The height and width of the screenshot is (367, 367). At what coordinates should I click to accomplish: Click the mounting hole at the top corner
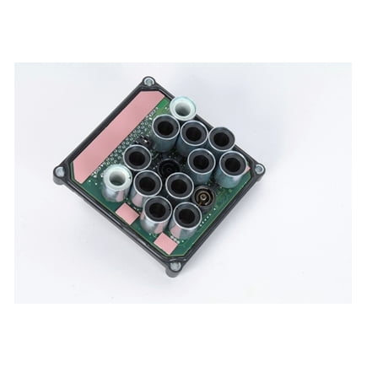click(x=148, y=82)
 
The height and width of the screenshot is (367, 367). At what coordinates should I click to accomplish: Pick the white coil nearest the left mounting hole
click(x=116, y=179)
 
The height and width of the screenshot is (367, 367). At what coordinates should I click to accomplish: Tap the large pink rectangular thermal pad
click(x=114, y=131)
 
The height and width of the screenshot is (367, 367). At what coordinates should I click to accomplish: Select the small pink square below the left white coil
click(x=124, y=216)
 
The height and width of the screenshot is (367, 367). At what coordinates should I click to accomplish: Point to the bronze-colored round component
click(x=203, y=199)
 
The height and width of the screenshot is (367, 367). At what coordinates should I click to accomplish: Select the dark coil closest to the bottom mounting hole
click(x=183, y=220)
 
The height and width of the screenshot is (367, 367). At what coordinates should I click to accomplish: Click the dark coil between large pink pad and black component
click(x=137, y=158)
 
